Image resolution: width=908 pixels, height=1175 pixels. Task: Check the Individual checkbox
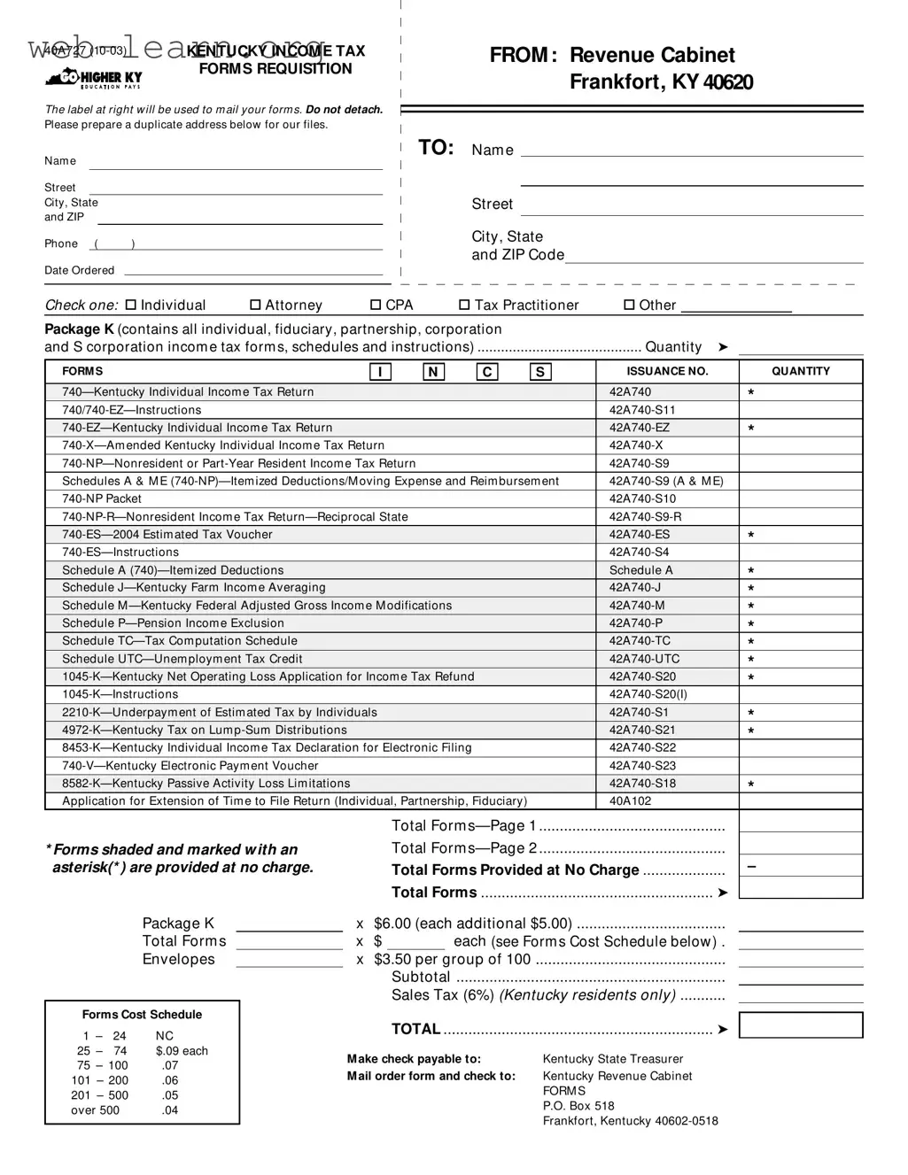coord(131,305)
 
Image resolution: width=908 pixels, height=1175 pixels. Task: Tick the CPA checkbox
coord(376,305)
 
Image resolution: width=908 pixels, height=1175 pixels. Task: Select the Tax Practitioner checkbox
coord(464,305)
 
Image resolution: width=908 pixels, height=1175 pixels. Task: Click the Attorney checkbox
coord(255,305)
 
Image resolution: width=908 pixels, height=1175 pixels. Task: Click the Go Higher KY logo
coord(93,79)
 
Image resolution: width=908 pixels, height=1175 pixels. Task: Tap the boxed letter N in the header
coord(433,372)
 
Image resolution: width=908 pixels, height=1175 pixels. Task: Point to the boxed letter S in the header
coord(540,372)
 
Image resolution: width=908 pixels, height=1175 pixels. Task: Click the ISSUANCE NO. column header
coord(667,372)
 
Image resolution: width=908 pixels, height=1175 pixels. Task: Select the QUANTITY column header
coord(800,372)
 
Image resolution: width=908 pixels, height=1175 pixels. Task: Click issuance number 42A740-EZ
coord(639,428)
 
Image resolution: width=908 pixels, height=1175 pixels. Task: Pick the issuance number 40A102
coord(630,801)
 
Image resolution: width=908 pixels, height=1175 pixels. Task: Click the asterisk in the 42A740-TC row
coord(751,642)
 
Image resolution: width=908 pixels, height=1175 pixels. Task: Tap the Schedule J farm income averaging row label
coord(193,588)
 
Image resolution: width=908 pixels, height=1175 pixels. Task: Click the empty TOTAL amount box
coord(800,1025)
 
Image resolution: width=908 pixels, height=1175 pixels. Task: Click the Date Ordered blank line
coord(253,270)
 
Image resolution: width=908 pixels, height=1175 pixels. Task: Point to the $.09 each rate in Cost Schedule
coord(182,1051)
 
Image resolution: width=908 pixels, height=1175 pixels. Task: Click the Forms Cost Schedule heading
coord(142,1015)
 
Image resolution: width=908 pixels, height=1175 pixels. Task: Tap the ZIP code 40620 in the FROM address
coord(728,82)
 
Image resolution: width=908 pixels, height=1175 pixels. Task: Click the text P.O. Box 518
coord(578,1106)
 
